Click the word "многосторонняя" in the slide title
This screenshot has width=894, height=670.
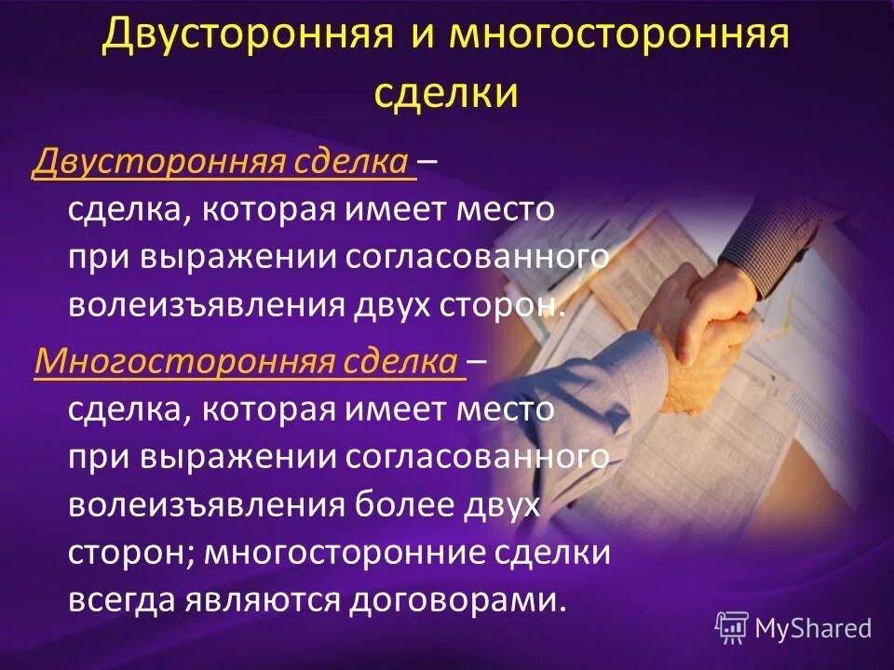click(619, 37)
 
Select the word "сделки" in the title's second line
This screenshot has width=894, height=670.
click(446, 93)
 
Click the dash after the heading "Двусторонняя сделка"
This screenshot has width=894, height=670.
click(429, 164)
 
